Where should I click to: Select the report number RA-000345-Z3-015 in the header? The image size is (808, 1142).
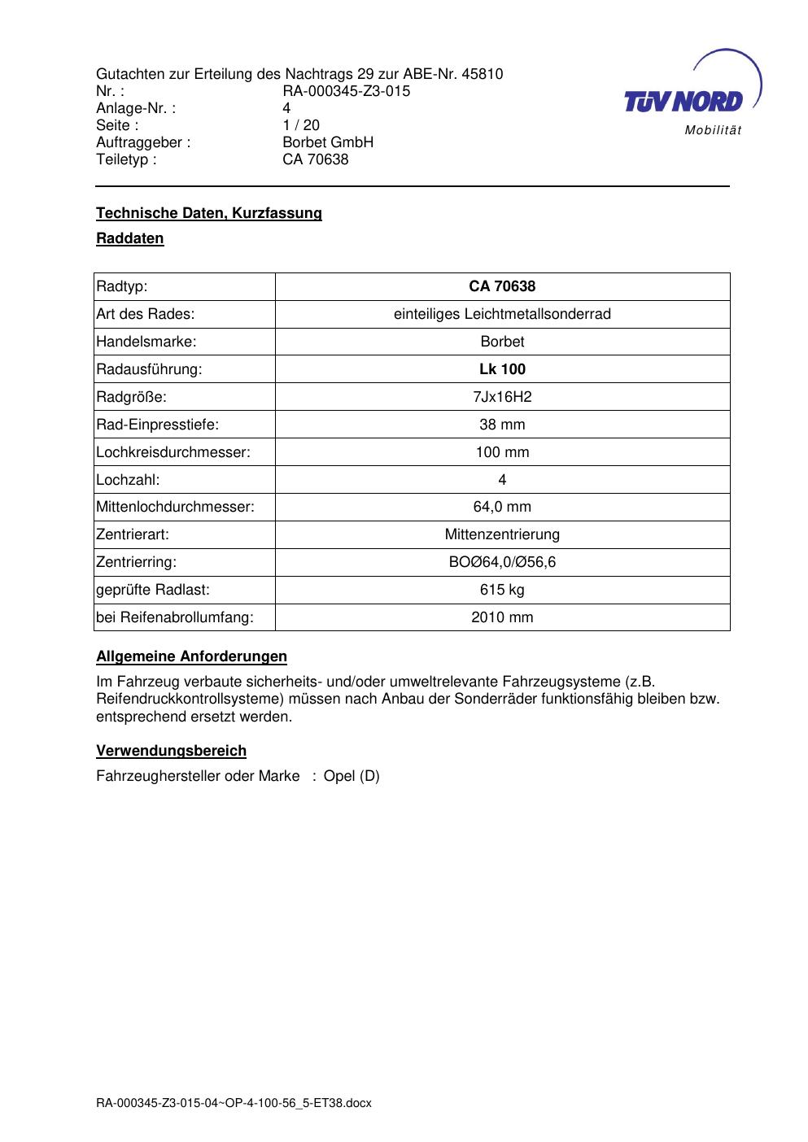pos(346,91)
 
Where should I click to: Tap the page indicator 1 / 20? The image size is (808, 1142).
pos(301,125)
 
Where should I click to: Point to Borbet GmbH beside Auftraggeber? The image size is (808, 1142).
pos(328,142)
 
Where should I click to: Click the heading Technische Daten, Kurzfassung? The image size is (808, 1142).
pos(209,213)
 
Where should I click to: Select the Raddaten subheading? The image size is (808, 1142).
pos(130,238)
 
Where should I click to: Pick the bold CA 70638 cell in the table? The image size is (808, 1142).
pos(502,286)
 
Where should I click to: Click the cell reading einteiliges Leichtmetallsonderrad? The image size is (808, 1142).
pos(502,314)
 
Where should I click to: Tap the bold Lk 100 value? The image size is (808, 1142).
pos(502,369)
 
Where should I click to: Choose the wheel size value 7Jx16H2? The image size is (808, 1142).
pos(502,397)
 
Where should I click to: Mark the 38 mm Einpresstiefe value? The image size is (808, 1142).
pos(502,425)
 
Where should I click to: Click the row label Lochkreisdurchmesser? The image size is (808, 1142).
pos(173,452)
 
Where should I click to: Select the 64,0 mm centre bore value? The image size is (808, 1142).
pos(502,507)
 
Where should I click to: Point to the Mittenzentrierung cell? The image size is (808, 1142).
pos(502,534)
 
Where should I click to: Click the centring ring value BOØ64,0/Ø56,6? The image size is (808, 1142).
pos(502,562)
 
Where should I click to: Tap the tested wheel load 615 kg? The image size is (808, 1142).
pos(502,590)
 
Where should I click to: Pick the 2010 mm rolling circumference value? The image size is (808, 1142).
pos(502,617)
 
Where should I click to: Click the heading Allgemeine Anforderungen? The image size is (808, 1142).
pos(191,656)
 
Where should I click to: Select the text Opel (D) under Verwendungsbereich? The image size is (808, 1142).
pos(352,776)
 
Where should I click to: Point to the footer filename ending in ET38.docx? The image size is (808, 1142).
pos(234,1103)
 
